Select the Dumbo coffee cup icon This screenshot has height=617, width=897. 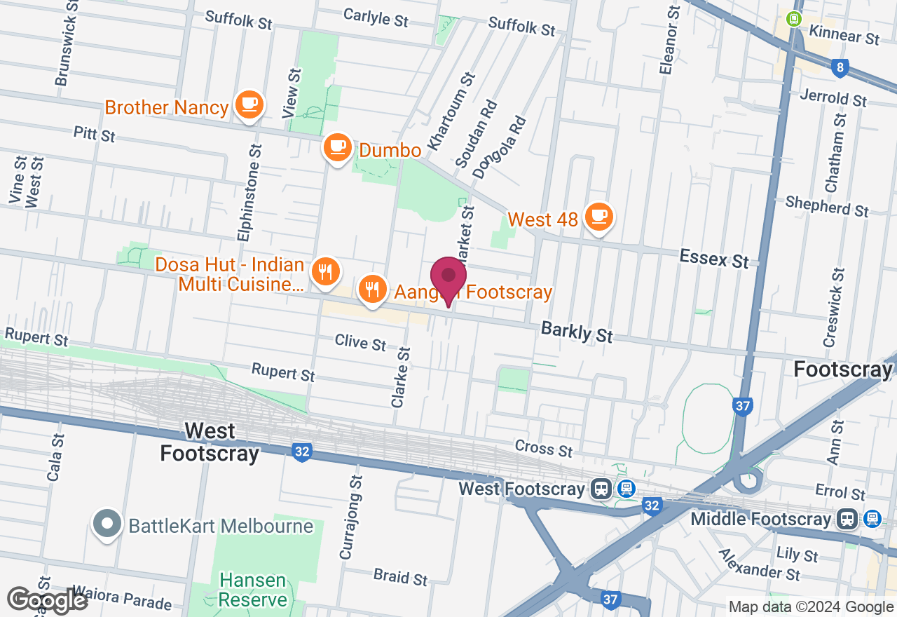[338, 147]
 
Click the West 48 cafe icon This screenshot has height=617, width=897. [598, 217]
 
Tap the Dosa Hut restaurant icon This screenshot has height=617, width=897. [324, 271]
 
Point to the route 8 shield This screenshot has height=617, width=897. [840, 68]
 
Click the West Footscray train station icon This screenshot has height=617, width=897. [601, 489]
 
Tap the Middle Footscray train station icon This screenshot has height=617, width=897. [848, 519]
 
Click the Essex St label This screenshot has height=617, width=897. [714, 259]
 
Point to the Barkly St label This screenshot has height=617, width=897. [577, 332]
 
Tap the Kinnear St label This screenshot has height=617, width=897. [844, 34]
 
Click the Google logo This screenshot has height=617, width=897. [47, 601]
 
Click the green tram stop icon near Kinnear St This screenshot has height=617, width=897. [794, 19]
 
